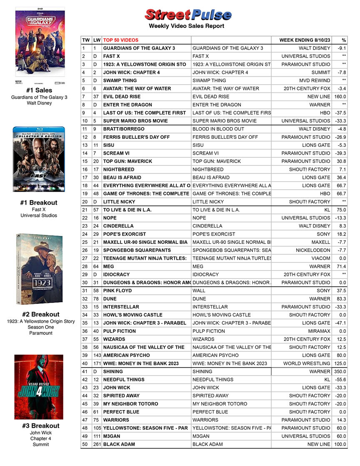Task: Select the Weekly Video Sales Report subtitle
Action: point(187,26)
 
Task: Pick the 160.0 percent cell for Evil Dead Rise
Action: point(340,97)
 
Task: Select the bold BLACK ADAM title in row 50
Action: point(119,444)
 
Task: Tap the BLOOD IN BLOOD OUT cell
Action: point(215,129)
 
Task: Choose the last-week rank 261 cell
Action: point(96,444)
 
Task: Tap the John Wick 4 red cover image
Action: point(39,387)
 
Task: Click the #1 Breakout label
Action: point(39,203)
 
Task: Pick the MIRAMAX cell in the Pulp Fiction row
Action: point(319,331)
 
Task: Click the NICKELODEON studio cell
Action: point(313,251)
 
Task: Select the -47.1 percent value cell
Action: point(340,323)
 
